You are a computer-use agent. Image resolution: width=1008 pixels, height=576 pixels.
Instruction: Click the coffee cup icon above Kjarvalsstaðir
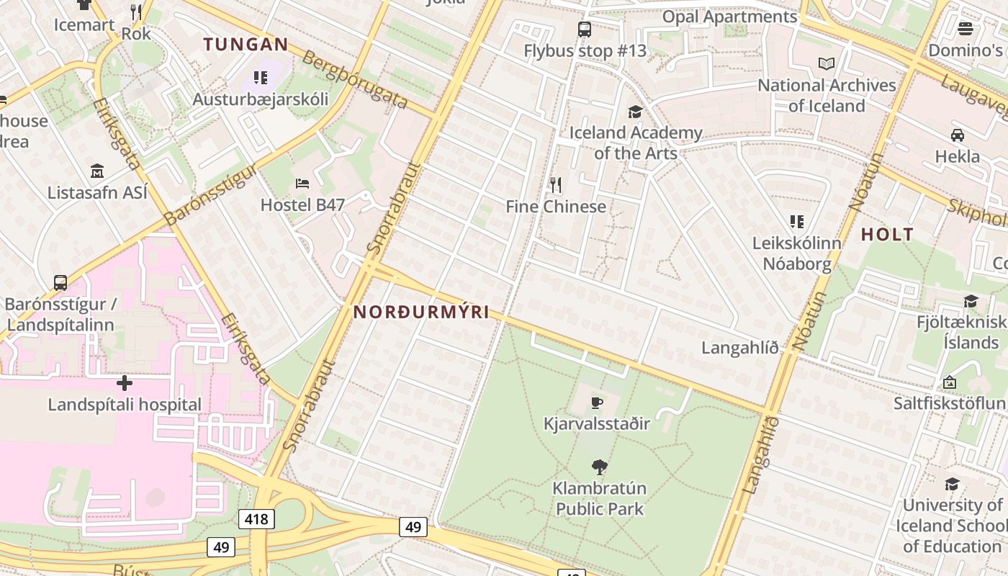(x=595, y=402)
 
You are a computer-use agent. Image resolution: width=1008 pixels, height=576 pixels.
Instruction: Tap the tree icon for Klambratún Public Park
(x=598, y=467)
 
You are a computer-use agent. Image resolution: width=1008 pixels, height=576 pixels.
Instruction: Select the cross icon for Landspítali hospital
(x=125, y=382)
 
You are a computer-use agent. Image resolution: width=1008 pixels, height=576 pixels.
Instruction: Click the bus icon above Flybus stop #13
(x=584, y=30)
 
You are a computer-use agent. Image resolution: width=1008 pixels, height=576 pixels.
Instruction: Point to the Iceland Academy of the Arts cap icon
(x=635, y=112)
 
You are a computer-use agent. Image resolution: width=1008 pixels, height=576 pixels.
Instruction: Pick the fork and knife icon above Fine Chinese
(x=555, y=185)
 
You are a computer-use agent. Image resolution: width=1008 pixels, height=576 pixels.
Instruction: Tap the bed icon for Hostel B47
(x=302, y=184)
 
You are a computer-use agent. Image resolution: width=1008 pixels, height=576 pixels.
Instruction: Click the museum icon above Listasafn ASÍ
(x=97, y=171)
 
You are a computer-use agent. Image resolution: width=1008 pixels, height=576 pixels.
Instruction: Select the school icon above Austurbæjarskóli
(x=260, y=78)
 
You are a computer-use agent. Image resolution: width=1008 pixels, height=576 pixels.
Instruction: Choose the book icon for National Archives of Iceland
(x=827, y=64)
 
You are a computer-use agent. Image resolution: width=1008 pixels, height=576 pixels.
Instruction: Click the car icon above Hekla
(x=957, y=135)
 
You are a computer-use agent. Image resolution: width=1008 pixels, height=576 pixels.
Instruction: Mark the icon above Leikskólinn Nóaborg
(x=796, y=222)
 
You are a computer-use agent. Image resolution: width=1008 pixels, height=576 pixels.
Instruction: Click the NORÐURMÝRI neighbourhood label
(x=421, y=312)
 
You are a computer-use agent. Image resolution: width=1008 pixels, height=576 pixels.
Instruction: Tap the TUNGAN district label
(x=246, y=45)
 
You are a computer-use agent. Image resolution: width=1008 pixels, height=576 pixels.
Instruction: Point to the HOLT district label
(x=887, y=234)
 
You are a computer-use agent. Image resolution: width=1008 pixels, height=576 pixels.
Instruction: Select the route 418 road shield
(x=256, y=518)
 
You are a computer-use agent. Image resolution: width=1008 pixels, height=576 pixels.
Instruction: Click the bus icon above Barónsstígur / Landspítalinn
(x=60, y=283)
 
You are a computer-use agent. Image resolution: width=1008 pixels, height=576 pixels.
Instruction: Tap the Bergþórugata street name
(x=356, y=79)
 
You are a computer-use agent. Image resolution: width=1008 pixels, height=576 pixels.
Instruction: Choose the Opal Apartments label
(x=729, y=17)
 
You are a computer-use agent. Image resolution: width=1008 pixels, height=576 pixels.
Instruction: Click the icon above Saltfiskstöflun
(x=949, y=382)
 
